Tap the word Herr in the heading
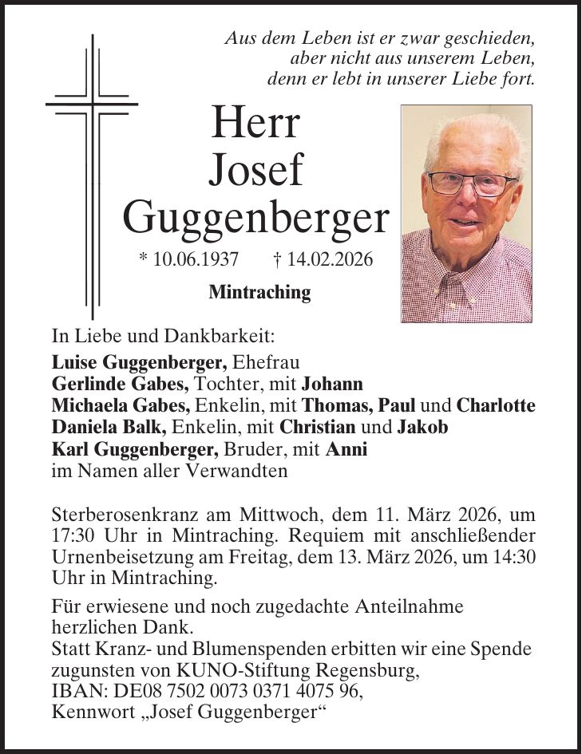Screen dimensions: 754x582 255,123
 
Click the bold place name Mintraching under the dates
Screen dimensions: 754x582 259,293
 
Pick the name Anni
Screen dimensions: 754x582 346,449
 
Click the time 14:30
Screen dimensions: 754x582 514,555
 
